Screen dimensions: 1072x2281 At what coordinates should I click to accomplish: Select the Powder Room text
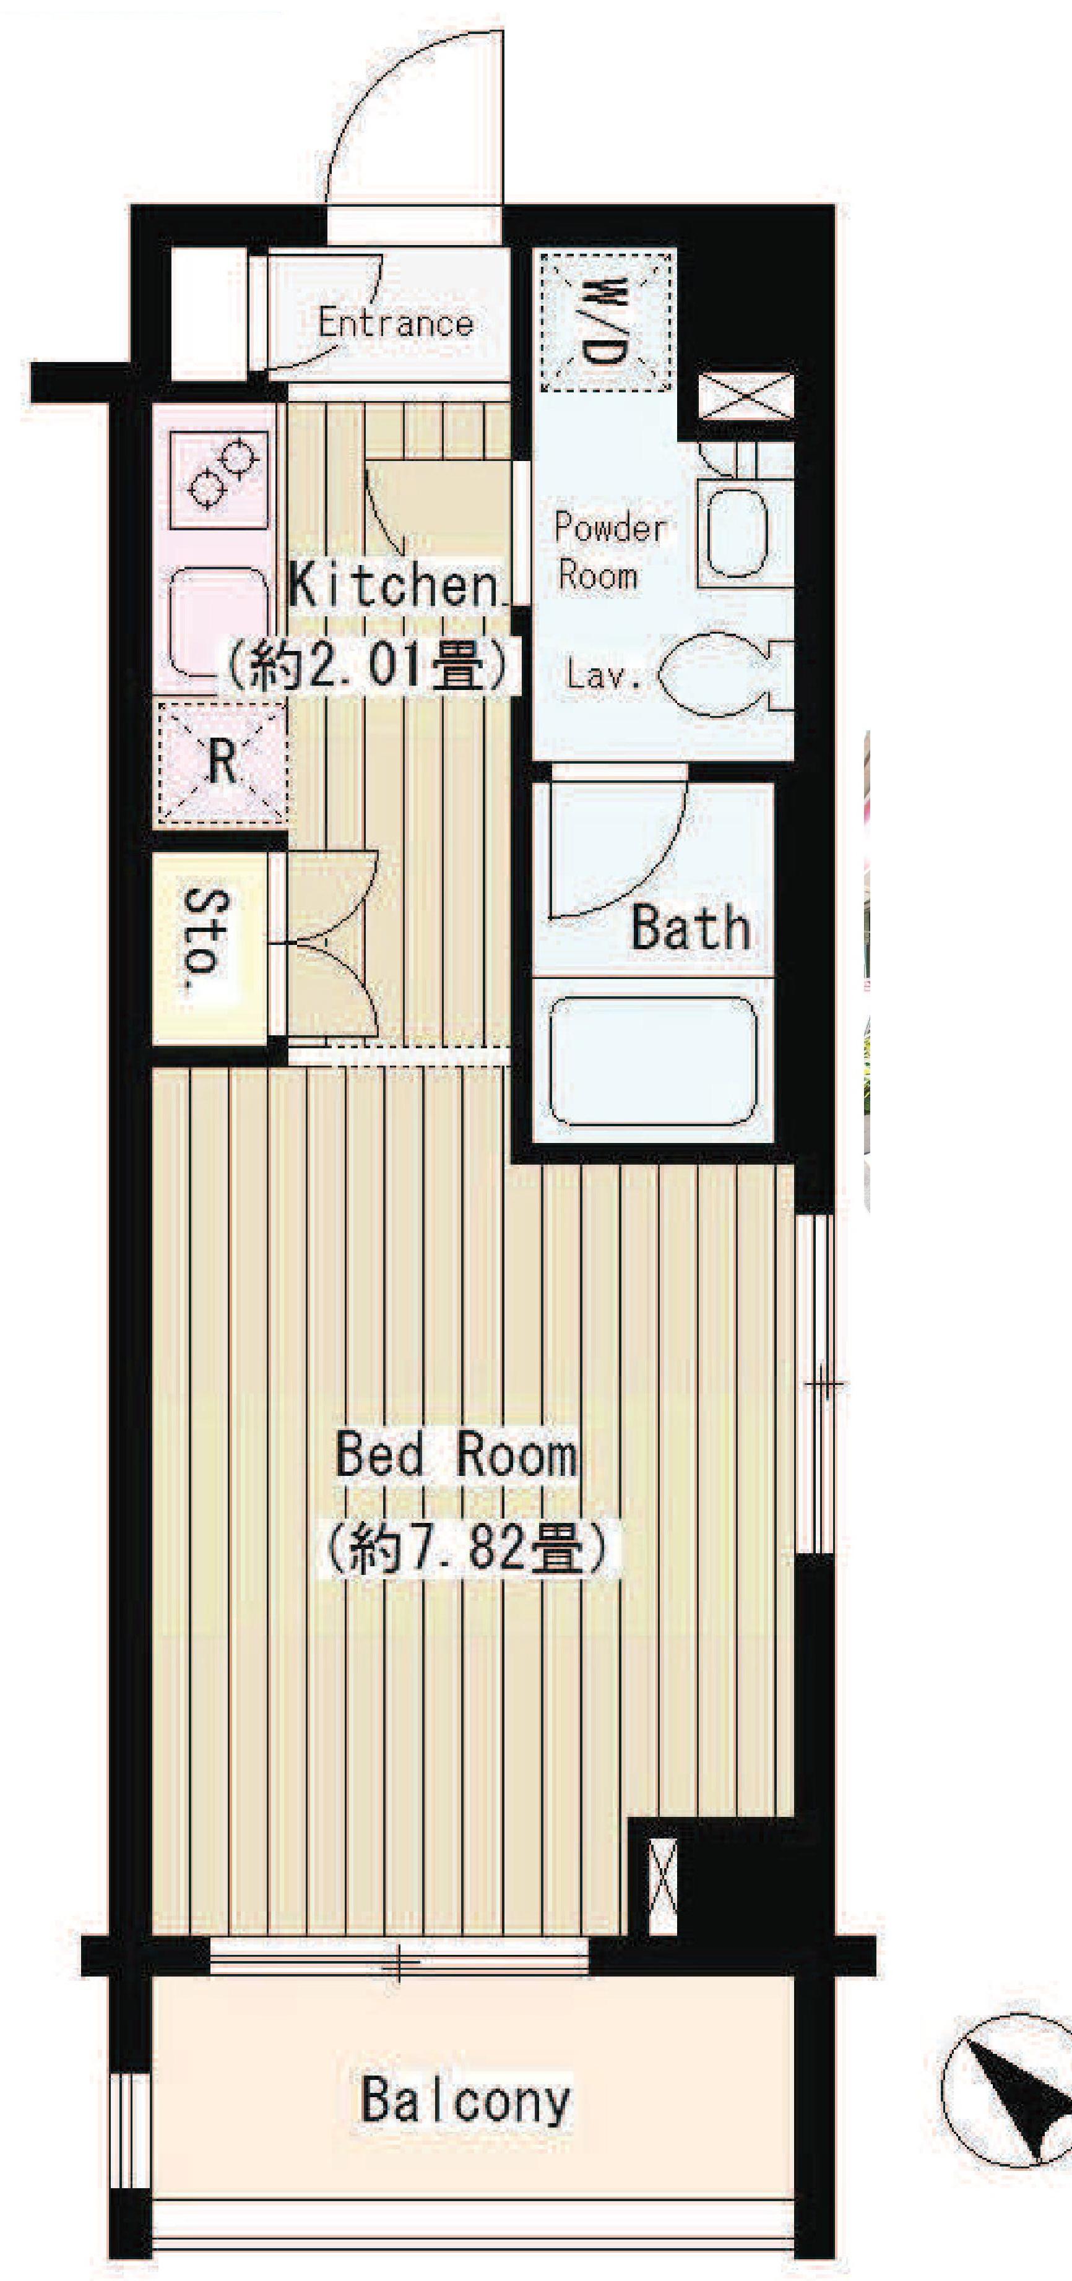610,551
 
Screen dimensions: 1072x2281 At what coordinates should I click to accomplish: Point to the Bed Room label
456,1454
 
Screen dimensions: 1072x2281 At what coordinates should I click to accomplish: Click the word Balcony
465,2100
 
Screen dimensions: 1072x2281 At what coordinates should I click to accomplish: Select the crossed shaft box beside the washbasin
745,396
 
